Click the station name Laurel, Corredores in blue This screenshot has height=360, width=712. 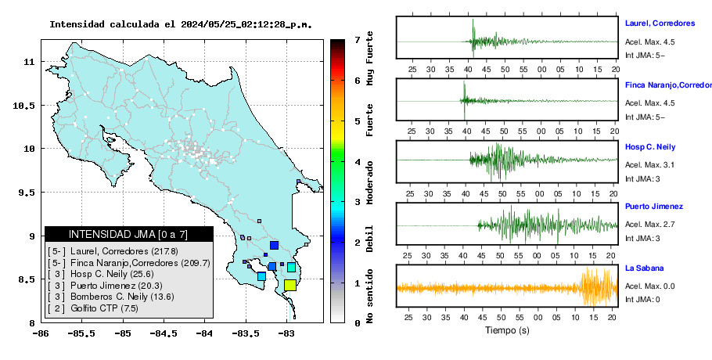pos(660,23)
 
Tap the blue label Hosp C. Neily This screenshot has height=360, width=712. pos(649,147)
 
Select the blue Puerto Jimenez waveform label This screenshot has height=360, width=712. pos(654,207)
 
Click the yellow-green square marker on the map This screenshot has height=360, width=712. pos(290,285)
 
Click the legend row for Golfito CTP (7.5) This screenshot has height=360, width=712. pos(93,308)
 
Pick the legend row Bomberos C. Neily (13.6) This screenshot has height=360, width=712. pos(111,297)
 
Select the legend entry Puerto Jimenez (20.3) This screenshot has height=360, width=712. pos(105,286)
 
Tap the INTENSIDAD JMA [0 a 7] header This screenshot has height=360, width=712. pos(128,235)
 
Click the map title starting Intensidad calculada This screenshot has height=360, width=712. pos(181,24)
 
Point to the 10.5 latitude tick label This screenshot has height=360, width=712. pos(23,106)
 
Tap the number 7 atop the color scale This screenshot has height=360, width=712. pos(358,40)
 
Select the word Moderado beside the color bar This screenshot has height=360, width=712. pos(369,182)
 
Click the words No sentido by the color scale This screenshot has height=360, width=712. pos(369,296)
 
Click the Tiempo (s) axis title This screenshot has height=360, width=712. pos(507,330)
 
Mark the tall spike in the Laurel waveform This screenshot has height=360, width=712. pos(473,38)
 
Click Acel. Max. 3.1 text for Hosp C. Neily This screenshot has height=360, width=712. pos(649,165)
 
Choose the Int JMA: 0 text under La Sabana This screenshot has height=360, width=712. pos(642,299)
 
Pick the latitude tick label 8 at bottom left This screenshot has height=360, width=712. pos(32,323)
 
